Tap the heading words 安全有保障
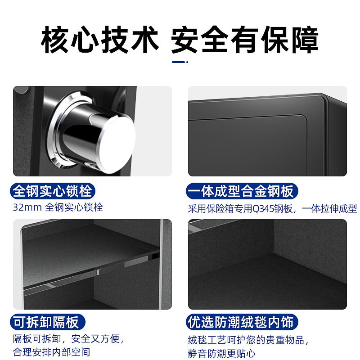pyautogui.click(x=245, y=40)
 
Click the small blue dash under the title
pyautogui.click(x=180, y=62)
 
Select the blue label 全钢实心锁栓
pyautogui.click(x=53, y=191)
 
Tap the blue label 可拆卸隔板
pyautogui.click(x=46, y=322)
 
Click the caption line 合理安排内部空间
pyautogui.click(x=51, y=352)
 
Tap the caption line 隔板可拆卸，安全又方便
pyautogui.click(x=68, y=338)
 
